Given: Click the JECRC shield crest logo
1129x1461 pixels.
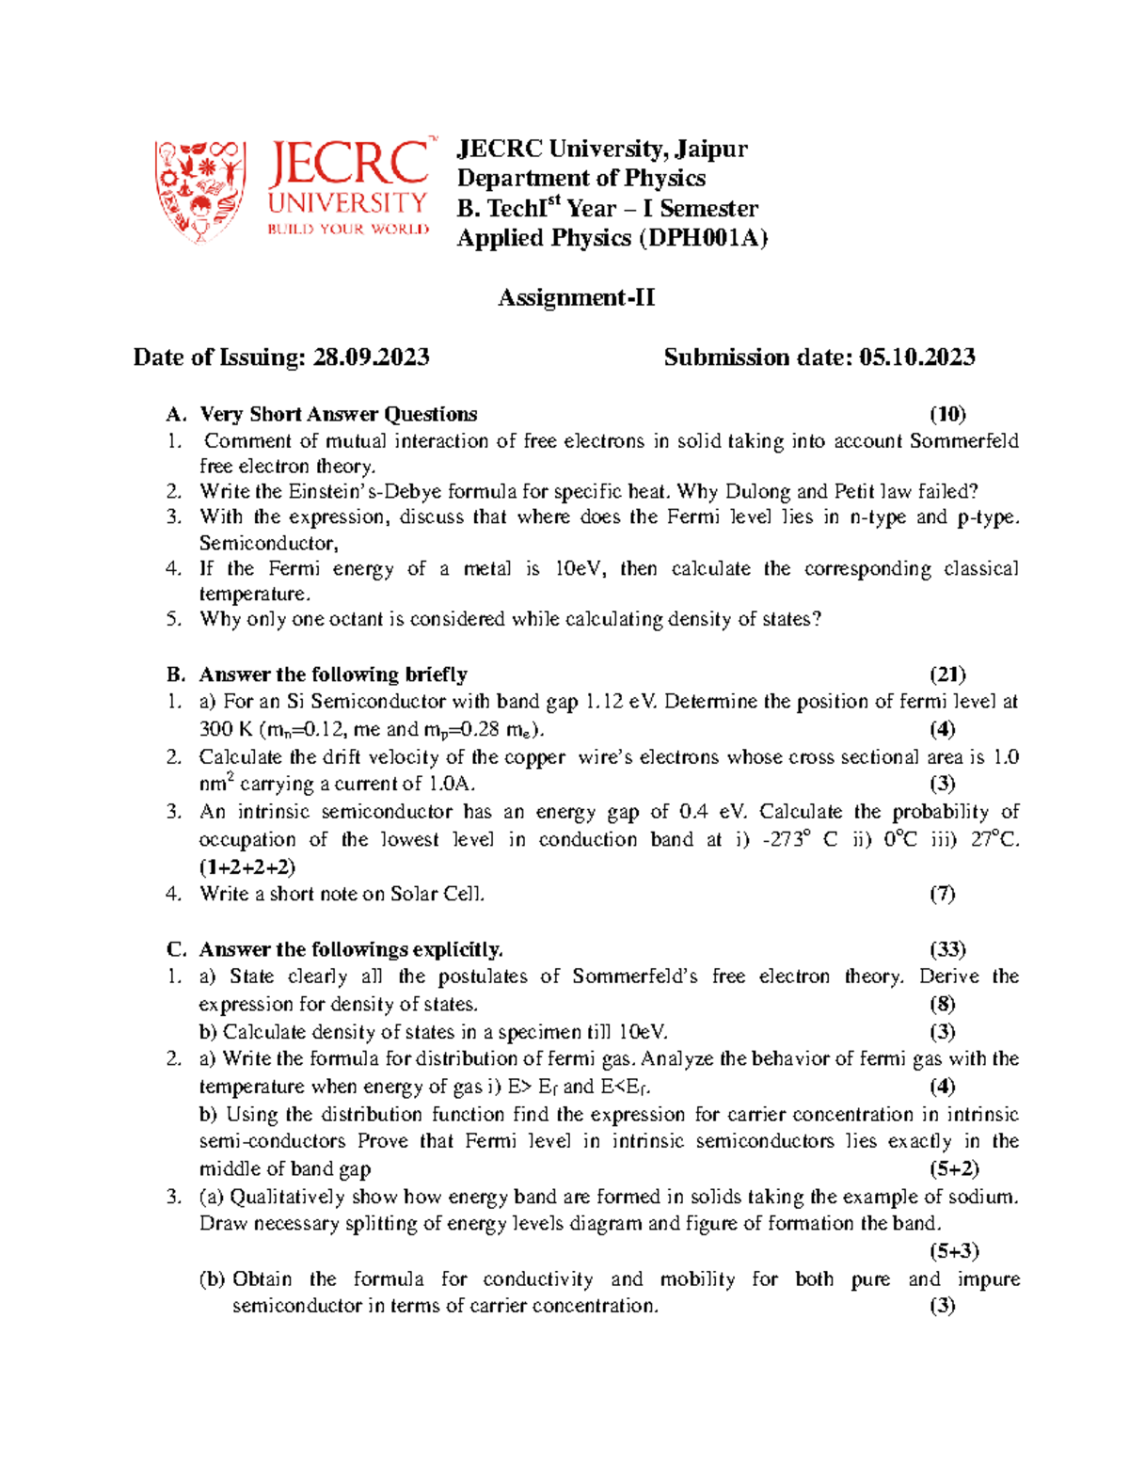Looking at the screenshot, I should coord(200,191).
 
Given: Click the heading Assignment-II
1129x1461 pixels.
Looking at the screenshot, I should coord(576,298).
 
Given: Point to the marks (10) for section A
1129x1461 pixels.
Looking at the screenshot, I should coord(947,414).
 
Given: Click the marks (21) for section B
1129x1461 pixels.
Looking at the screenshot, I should coord(947,675).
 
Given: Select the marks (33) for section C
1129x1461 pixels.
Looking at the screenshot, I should coord(947,949).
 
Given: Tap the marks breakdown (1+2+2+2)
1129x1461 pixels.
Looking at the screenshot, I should coord(247,866).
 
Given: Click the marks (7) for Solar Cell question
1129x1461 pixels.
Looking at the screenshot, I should coord(942,894).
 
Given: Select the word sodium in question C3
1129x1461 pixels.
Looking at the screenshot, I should coord(987,1197).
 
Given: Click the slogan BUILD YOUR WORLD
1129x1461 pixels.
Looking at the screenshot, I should coord(348,230).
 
